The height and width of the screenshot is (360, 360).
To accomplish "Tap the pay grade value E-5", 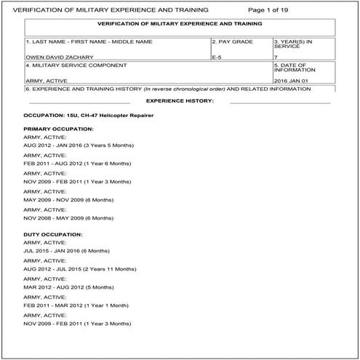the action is click(x=217, y=55).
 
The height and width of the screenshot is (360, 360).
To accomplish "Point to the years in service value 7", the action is click(x=276, y=55).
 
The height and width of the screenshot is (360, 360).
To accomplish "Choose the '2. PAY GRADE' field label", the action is click(x=233, y=41).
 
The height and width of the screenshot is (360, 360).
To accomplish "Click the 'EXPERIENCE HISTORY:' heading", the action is click(x=180, y=100).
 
